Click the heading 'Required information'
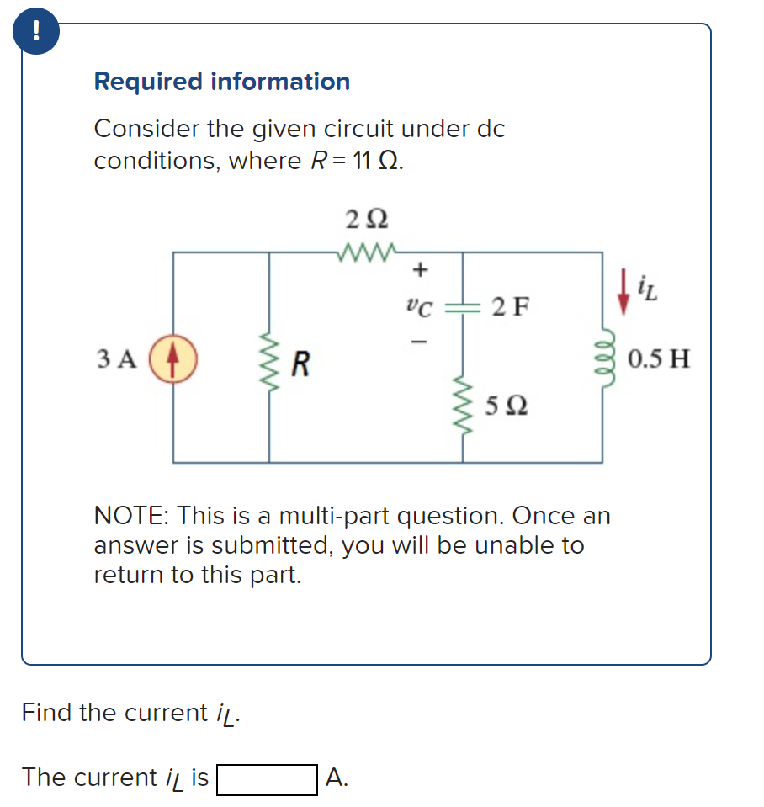pyautogui.click(x=222, y=82)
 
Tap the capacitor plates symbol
pyautogui.click(x=462, y=305)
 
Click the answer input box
pyautogui.click(x=267, y=778)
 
